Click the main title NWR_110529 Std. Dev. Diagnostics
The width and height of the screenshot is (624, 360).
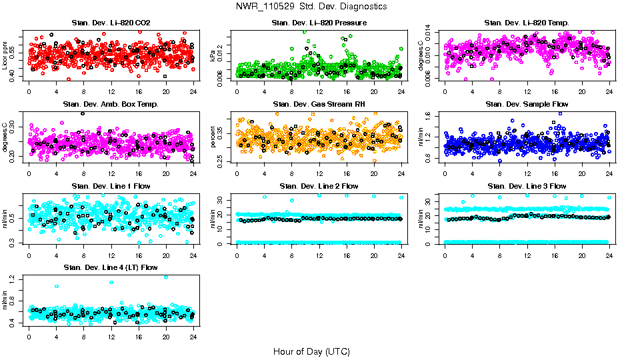(311, 7)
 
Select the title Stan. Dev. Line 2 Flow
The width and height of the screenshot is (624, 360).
(319, 185)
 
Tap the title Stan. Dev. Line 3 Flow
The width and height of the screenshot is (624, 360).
(526, 185)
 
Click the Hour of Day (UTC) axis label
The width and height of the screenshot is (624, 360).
(311, 351)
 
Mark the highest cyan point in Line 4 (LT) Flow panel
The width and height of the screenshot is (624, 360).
(165, 277)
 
